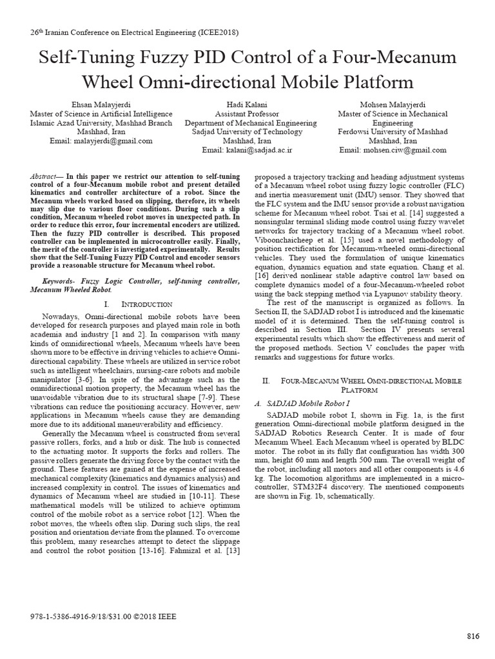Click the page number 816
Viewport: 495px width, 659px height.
pos(473,636)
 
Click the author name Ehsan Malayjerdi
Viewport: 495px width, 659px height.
pos(100,104)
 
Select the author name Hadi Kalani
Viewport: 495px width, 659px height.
pos(247,104)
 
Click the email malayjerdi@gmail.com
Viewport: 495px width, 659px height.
pos(113,140)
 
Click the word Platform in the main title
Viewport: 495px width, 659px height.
pos(371,82)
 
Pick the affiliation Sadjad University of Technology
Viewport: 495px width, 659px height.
pos(247,131)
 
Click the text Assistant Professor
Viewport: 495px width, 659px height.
pos(247,113)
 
